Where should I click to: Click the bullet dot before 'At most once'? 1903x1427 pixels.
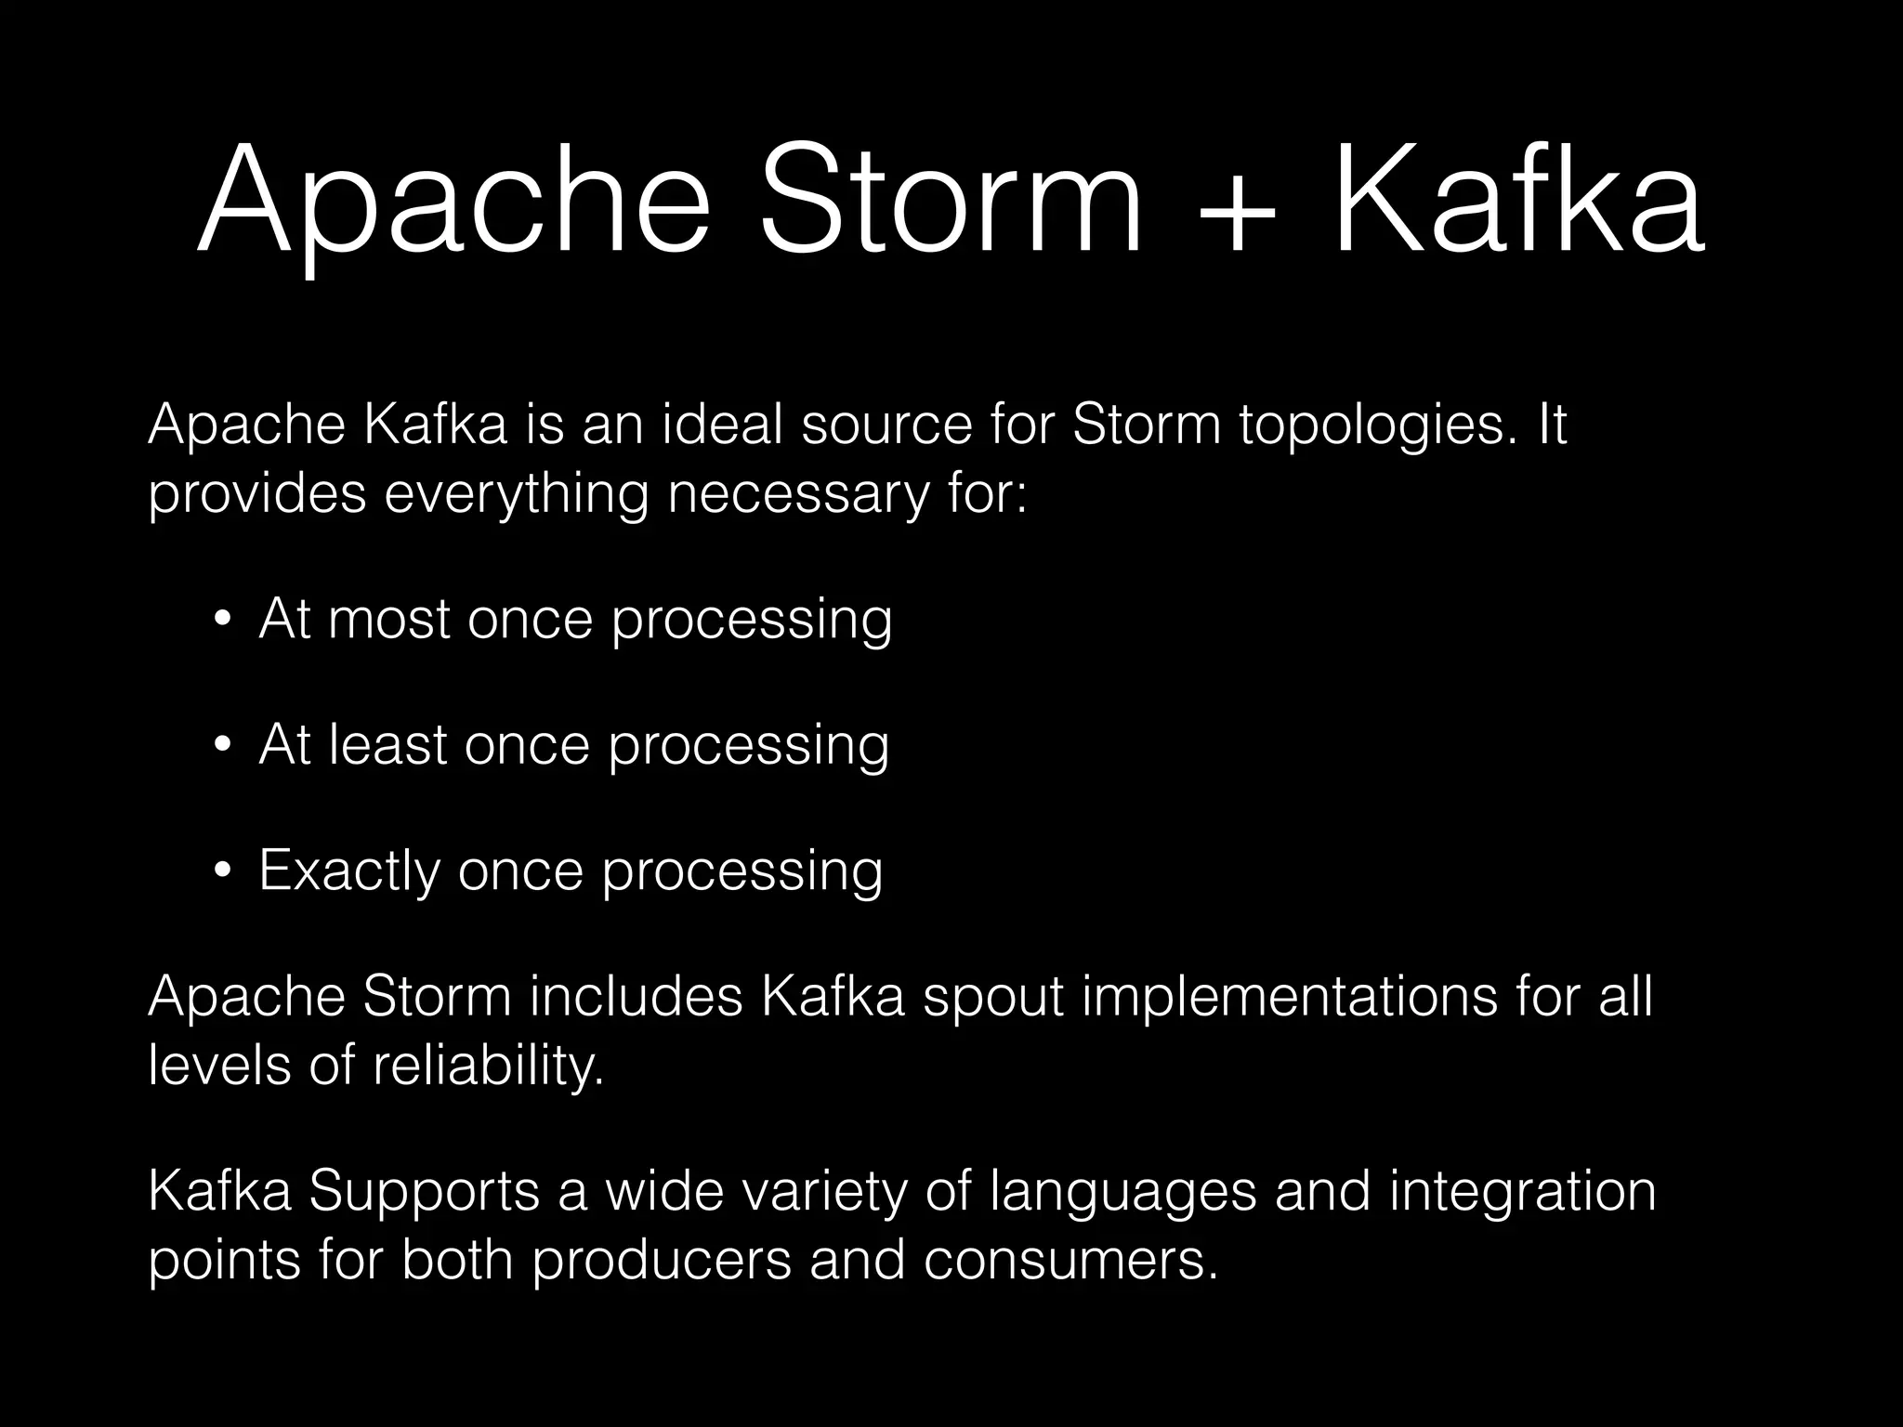pos(221,622)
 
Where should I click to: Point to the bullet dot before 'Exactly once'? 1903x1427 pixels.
pos(221,872)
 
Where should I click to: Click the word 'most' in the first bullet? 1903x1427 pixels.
pos(388,620)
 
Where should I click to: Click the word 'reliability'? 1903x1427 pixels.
pos(487,1066)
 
